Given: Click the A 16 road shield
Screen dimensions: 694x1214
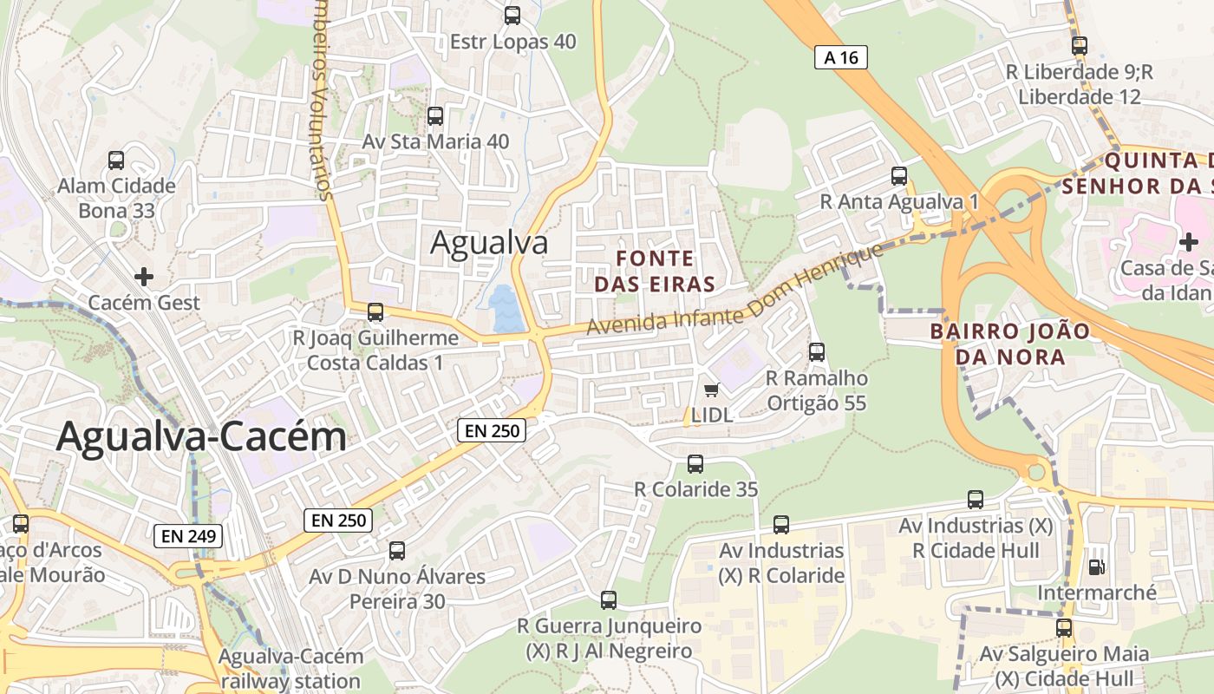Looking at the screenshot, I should (x=841, y=57).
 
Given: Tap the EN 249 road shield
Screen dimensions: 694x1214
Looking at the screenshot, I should (x=188, y=536).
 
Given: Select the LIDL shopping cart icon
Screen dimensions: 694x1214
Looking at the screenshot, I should (x=712, y=390).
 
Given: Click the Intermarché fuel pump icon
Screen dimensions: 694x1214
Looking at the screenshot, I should (x=1097, y=567).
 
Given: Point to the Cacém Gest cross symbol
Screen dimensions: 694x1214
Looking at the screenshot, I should (x=144, y=277).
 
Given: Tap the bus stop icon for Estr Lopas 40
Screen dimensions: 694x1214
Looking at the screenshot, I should (x=512, y=16).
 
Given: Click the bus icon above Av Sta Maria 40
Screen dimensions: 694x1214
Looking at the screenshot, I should (x=435, y=115).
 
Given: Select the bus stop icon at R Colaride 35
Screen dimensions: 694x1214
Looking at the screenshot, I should (x=695, y=464).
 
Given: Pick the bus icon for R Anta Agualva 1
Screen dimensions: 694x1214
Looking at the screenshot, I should (x=899, y=176).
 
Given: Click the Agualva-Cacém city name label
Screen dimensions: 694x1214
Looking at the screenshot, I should (x=201, y=437).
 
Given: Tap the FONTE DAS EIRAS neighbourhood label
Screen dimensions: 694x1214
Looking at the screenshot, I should (x=666, y=271).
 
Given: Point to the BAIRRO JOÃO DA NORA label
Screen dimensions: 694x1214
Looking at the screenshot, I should (x=997, y=344).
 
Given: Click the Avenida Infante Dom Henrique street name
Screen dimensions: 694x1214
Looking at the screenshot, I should (x=735, y=291).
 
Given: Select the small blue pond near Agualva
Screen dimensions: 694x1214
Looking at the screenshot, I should (x=505, y=310).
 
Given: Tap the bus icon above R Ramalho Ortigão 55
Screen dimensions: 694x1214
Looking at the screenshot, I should (x=817, y=352).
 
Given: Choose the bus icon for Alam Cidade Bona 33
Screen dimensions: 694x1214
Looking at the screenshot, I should (x=116, y=160).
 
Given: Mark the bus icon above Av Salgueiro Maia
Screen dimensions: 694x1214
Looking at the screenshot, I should (x=1064, y=628).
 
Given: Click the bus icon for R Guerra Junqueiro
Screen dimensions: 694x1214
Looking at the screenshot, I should (x=609, y=600).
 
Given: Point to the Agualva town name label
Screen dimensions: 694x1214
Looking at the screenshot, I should (x=489, y=243).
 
